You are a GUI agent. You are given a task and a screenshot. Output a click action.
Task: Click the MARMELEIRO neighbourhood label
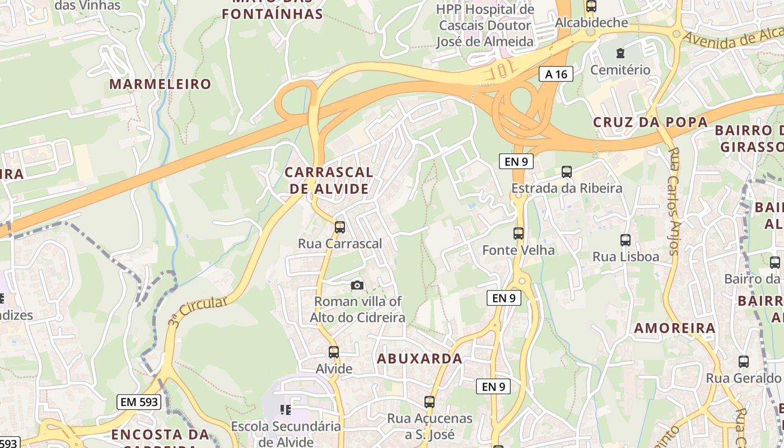click(160, 85)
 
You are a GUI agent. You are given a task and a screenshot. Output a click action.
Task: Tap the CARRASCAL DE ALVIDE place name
click(329, 180)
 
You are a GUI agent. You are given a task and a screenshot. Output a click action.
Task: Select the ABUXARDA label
click(420, 358)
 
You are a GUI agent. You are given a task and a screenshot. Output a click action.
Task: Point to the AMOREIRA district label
click(675, 328)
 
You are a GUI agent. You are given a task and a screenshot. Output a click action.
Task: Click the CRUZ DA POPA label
click(650, 122)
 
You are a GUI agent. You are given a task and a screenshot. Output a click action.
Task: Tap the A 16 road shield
click(556, 74)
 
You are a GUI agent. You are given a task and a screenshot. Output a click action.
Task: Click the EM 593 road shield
click(139, 402)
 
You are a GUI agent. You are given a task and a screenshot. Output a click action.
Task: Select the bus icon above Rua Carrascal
click(339, 227)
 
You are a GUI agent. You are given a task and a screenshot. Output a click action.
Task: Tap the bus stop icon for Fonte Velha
click(519, 234)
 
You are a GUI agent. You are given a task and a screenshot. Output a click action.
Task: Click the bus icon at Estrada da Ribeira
click(567, 172)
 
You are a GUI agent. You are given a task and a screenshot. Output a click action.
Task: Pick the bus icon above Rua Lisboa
click(626, 240)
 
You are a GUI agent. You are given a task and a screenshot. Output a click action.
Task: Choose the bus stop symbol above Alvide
click(334, 352)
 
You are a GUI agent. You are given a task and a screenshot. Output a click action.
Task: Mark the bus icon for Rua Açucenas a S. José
click(430, 402)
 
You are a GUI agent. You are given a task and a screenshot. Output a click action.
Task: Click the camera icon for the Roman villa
click(357, 286)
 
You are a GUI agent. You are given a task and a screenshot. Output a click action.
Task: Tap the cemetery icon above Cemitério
click(620, 54)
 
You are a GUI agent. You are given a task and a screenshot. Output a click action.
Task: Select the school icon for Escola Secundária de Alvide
click(286, 410)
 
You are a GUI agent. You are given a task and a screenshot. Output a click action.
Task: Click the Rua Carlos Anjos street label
click(674, 202)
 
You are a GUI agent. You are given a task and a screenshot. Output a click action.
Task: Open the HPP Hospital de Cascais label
click(485, 26)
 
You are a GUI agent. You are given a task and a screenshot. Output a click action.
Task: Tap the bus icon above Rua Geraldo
click(744, 362)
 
